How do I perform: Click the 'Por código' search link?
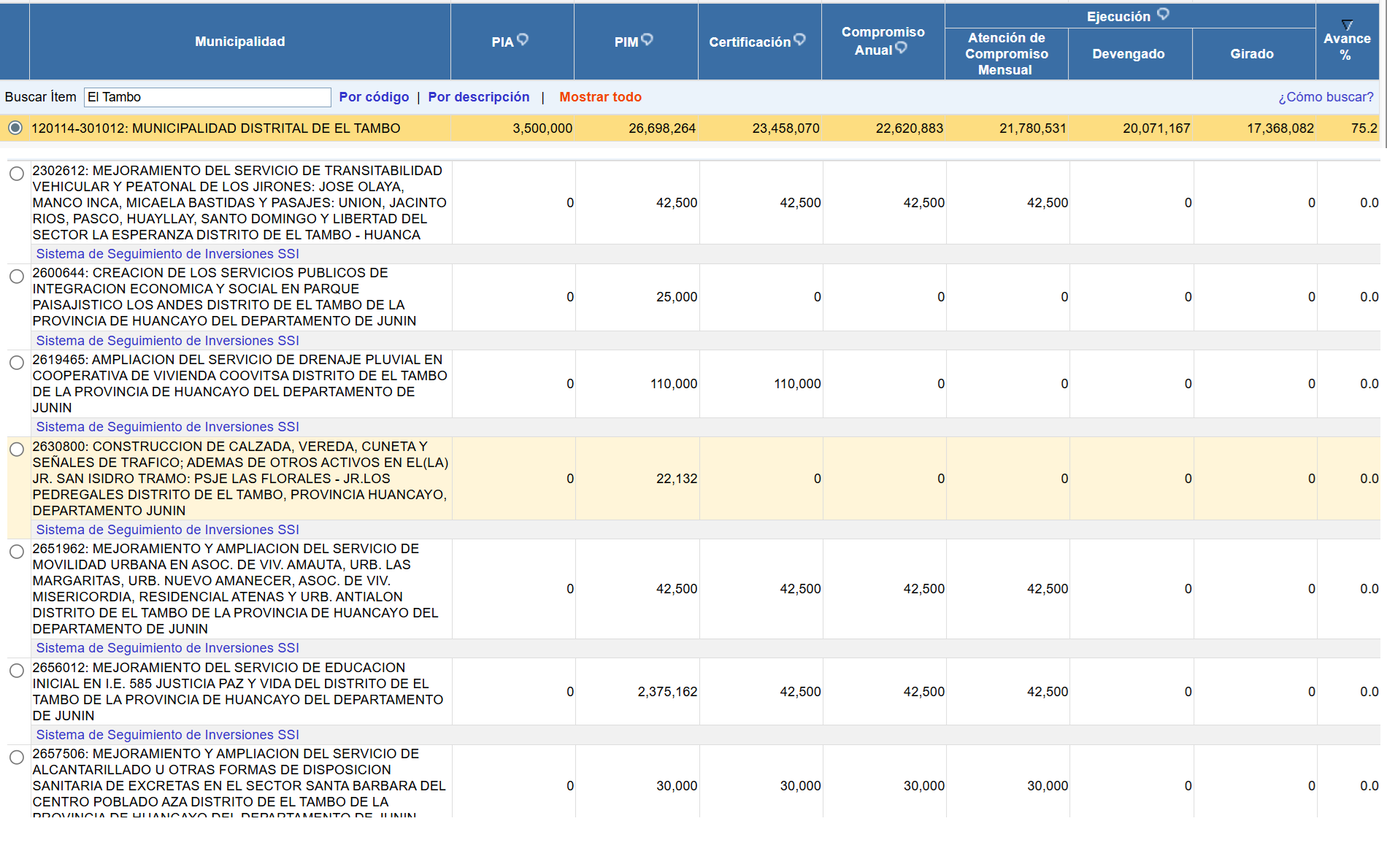click(x=374, y=97)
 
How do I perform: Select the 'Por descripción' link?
click(x=478, y=97)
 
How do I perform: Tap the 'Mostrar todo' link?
click(x=600, y=97)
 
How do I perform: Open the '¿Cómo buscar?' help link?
click(x=1325, y=97)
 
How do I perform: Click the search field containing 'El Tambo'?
click(x=207, y=97)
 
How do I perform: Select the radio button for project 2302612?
click(x=17, y=174)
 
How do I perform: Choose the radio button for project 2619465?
click(x=17, y=363)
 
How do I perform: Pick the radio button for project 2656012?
click(x=17, y=671)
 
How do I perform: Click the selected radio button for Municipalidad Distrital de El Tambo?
click(x=15, y=128)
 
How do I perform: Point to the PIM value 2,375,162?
click(x=667, y=692)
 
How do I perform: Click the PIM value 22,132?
click(x=677, y=479)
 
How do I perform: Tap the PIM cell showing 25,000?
click(x=677, y=297)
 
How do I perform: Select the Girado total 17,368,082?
click(x=1280, y=128)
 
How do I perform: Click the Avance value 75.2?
click(x=1364, y=128)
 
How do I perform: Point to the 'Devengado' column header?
click(x=1128, y=54)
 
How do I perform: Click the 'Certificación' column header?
click(x=750, y=42)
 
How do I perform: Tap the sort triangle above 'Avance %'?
click(x=1347, y=25)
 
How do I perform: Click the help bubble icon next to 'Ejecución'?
click(x=1164, y=14)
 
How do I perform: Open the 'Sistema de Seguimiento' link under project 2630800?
click(x=167, y=530)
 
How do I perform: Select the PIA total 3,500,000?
click(x=542, y=128)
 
